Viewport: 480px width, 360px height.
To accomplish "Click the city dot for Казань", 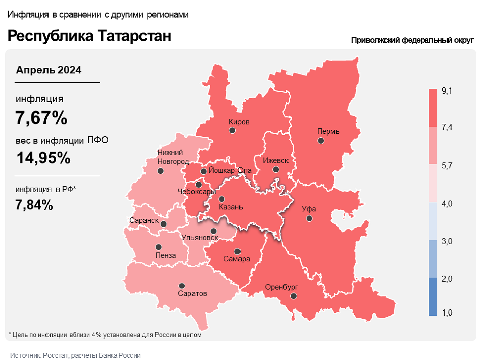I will tap(221, 199).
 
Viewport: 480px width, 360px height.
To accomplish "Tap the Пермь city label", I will tap(328, 131).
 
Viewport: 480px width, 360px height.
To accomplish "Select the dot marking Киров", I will tap(232, 130).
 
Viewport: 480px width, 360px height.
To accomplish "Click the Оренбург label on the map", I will tap(281, 287).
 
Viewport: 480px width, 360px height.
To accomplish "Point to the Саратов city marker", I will tap(182, 286).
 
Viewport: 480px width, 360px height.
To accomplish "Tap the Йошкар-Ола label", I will tap(230, 170).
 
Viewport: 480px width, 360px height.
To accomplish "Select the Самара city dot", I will tap(237, 251).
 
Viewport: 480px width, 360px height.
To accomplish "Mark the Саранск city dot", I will tap(163, 223).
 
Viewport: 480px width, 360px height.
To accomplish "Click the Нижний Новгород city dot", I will tap(161, 171).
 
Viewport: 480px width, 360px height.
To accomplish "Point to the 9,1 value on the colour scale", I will tap(447, 91).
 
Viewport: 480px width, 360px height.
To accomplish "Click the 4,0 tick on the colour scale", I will tap(447, 203).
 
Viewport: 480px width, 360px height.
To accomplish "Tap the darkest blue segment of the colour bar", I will tap(433, 296).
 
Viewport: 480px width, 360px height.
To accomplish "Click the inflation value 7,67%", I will tap(41, 118).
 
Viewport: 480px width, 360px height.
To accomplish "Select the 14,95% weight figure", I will tap(43, 158).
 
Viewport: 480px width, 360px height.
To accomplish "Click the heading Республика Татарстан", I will tap(89, 36).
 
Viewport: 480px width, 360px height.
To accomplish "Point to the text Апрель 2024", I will tap(49, 70).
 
